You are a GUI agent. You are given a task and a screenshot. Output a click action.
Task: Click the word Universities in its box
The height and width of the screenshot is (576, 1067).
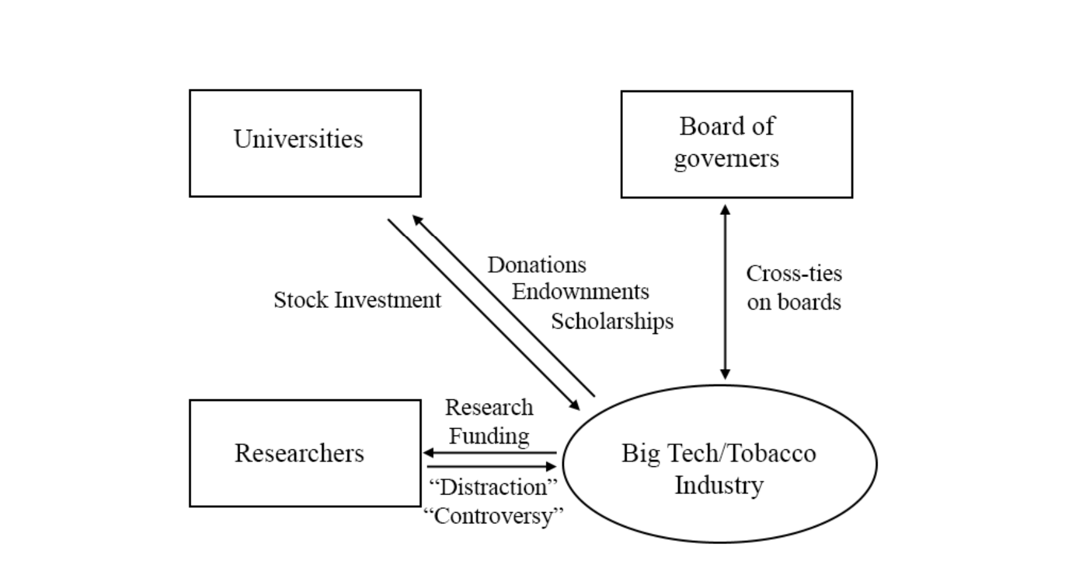coord(298,139)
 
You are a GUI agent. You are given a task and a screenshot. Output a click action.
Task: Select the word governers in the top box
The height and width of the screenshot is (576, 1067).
coord(726,159)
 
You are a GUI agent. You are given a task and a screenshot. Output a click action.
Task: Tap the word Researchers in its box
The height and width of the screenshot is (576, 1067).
coord(299,453)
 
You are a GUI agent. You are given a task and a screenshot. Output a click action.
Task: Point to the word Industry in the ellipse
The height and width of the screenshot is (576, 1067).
coord(719,485)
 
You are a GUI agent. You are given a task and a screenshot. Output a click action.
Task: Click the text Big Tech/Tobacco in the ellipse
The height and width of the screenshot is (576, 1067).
coord(718,453)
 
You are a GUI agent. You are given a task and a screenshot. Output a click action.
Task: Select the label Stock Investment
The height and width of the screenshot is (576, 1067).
coord(357,300)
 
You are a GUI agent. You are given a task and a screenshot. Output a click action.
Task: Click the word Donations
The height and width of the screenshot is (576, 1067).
coord(537,264)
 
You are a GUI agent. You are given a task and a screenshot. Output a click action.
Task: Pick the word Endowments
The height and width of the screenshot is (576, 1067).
coord(580,291)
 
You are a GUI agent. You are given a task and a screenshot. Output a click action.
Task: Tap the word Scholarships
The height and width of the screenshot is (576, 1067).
coord(612,321)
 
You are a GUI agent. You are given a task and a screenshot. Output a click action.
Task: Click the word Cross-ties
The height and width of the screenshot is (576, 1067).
coord(794,273)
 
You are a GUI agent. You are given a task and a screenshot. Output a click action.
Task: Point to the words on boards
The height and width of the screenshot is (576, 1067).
coord(794,302)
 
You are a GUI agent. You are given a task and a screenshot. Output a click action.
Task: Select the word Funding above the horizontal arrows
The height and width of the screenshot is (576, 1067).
coord(489,436)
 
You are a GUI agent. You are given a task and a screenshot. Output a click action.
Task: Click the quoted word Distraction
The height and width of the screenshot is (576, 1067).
coord(493,487)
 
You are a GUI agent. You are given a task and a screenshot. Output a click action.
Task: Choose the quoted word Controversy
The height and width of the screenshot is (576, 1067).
coord(493,516)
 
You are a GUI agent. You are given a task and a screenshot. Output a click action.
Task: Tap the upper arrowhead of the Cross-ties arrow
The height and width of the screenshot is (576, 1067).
coord(725,210)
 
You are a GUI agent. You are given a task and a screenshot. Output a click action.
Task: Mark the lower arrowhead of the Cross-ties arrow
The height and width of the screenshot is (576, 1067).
coord(725,374)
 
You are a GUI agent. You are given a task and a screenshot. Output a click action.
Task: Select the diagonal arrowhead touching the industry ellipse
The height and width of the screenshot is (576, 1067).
coord(574,405)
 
